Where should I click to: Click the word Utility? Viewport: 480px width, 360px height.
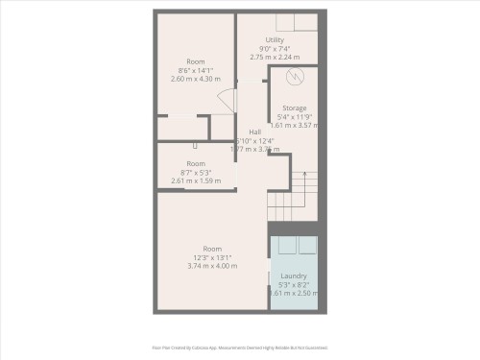click(x=276, y=40)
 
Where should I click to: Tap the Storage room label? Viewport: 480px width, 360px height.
click(x=295, y=108)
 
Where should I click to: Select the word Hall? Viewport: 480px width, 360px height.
click(x=254, y=132)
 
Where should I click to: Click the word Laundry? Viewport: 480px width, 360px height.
click(x=294, y=276)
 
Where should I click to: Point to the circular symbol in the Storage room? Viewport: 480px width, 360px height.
click(x=296, y=77)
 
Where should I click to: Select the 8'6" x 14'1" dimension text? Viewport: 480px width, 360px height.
click(x=195, y=70)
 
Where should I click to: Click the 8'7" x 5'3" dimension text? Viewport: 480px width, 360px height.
click(x=196, y=172)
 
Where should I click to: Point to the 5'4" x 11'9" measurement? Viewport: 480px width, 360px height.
click(x=295, y=117)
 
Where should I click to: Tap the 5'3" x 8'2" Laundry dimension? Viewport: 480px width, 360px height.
click(x=294, y=285)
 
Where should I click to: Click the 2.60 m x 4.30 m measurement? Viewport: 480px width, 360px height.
click(x=195, y=79)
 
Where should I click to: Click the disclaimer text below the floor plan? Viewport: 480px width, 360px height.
click(x=240, y=348)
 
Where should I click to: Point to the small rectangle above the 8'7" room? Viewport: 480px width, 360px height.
click(x=195, y=146)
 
